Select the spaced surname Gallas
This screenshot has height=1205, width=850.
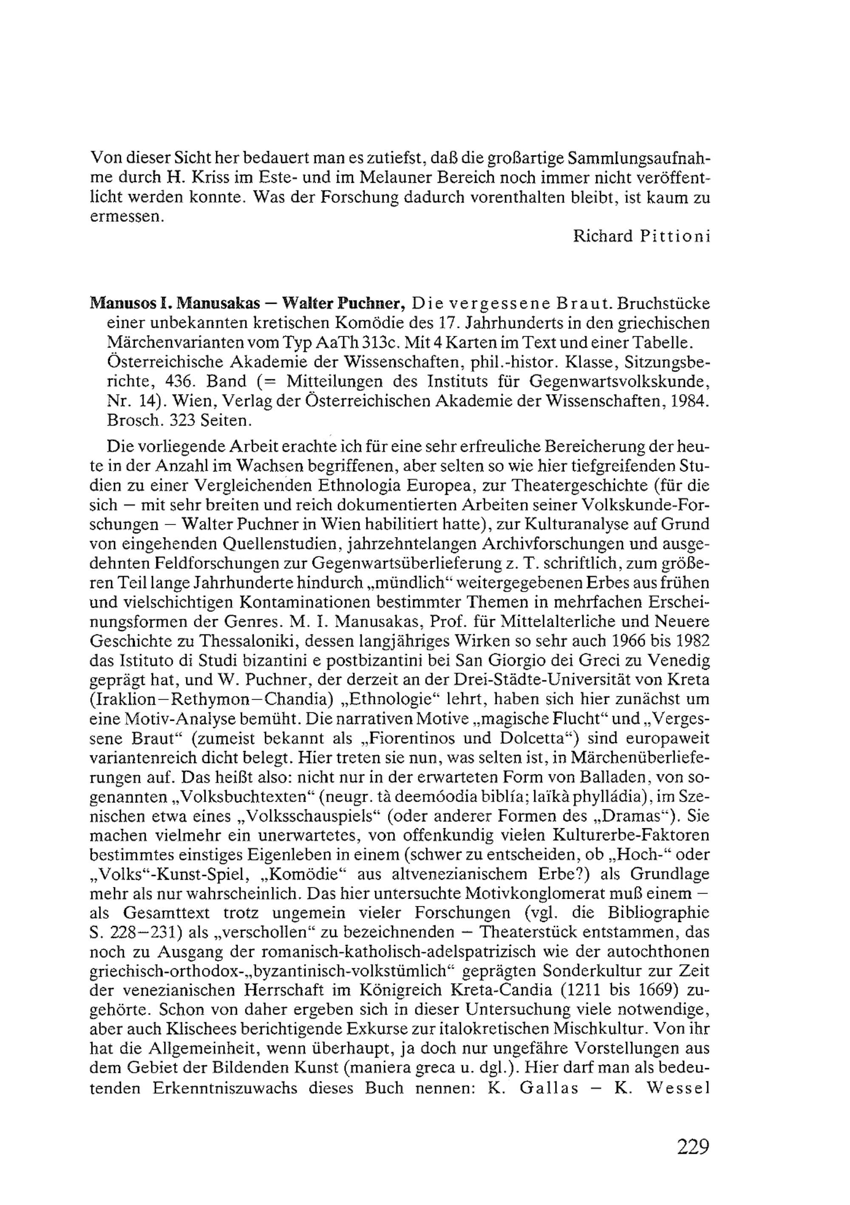[549, 1088]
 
